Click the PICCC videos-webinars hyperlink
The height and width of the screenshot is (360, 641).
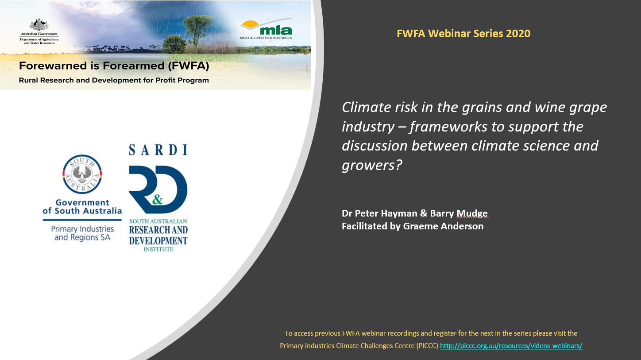coord(511,346)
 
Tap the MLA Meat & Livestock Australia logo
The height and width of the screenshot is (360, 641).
coord(266,29)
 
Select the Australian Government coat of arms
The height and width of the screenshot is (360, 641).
coord(39,25)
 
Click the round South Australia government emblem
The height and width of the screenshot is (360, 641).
coord(82,174)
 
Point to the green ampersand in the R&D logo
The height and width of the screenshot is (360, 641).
coord(158,199)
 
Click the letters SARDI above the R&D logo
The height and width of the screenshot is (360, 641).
coord(158,150)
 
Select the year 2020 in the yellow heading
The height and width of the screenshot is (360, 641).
coord(518,34)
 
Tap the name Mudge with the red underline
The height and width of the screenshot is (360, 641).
coord(472,213)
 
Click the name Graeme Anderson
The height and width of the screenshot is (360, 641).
coord(443,226)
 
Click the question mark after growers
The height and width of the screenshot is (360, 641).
coord(399,165)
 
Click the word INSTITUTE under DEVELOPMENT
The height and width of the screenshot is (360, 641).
coord(158,249)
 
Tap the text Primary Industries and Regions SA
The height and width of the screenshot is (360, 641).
coord(82,233)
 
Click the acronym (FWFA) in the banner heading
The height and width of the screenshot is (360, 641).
coord(188,66)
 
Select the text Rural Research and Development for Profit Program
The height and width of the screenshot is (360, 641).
coord(114,81)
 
